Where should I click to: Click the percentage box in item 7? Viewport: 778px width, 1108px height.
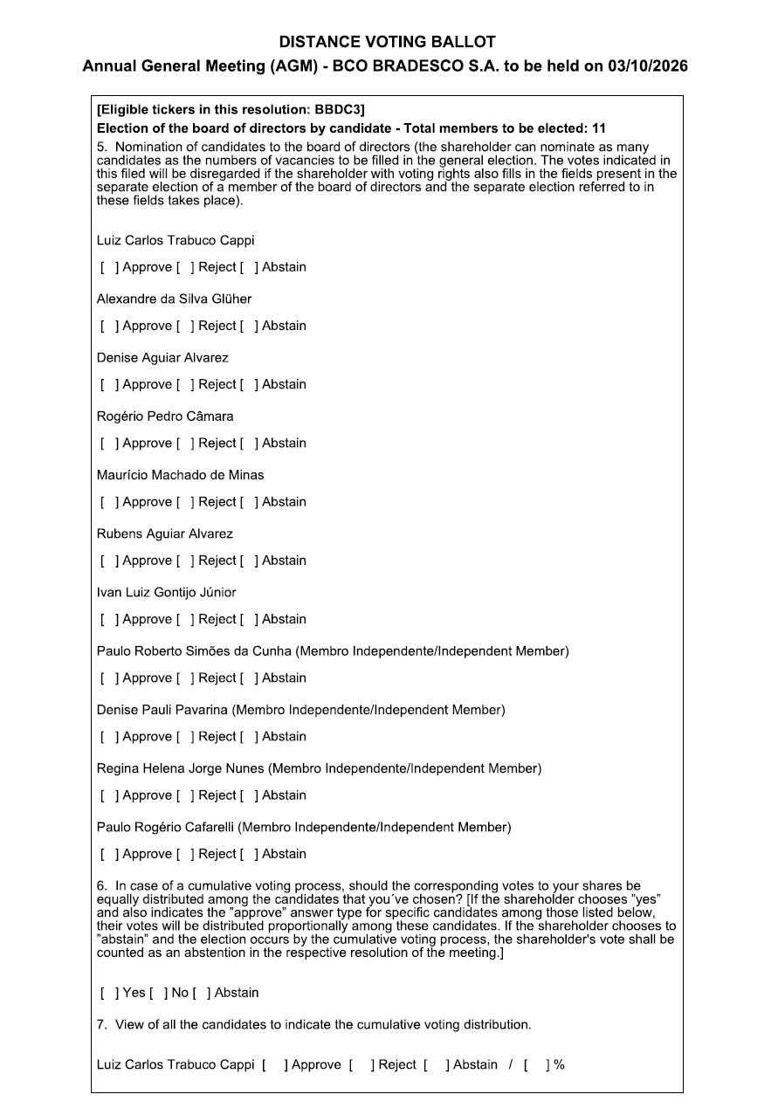[x=537, y=1064]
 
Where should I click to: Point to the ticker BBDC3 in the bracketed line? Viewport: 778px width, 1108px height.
[x=338, y=109]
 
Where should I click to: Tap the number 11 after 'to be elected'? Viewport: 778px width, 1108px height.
[x=598, y=128]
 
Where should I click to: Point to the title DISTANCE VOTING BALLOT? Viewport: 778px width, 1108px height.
[x=388, y=42]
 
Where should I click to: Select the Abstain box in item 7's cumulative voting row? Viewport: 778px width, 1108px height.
[x=436, y=1064]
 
